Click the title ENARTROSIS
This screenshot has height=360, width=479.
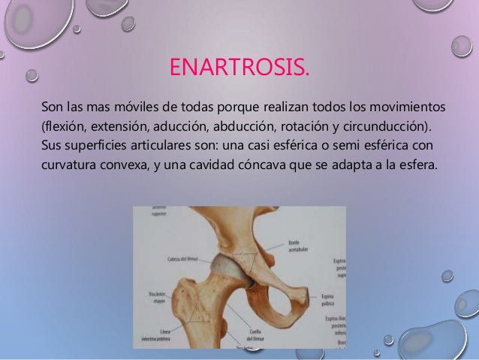point(239,72)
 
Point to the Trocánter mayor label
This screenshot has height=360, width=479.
point(158,296)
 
